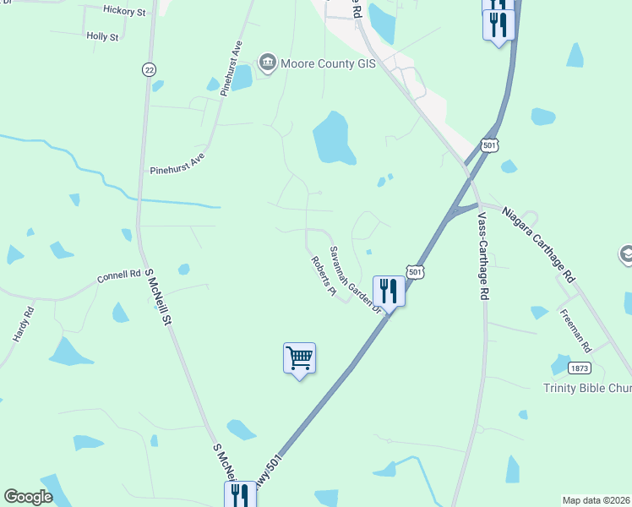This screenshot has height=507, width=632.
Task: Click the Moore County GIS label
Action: (x=334, y=63)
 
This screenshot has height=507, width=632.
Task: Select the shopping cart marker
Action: (x=299, y=358)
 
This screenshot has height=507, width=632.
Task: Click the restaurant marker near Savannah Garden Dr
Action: (x=389, y=292)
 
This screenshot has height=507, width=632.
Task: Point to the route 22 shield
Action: (x=150, y=68)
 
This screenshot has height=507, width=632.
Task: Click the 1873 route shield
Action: (x=580, y=368)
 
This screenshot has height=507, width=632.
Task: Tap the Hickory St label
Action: (x=124, y=10)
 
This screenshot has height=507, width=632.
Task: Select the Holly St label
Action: (x=102, y=36)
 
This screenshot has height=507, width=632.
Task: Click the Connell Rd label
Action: (x=118, y=275)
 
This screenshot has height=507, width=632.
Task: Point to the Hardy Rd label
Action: (x=23, y=324)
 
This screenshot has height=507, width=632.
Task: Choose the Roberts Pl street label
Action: (x=323, y=278)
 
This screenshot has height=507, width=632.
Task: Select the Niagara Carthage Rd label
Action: (x=539, y=245)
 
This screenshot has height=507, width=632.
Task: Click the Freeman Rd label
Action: (x=576, y=330)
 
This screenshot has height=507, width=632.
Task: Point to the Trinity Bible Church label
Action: (x=587, y=388)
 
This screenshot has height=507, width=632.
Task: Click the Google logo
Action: (x=28, y=497)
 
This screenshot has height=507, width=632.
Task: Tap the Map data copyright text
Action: (x=597, y=499)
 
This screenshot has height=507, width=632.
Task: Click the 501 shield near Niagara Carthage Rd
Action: (x=489, y=145)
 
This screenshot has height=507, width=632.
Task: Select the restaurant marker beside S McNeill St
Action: (x=237, y=493)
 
